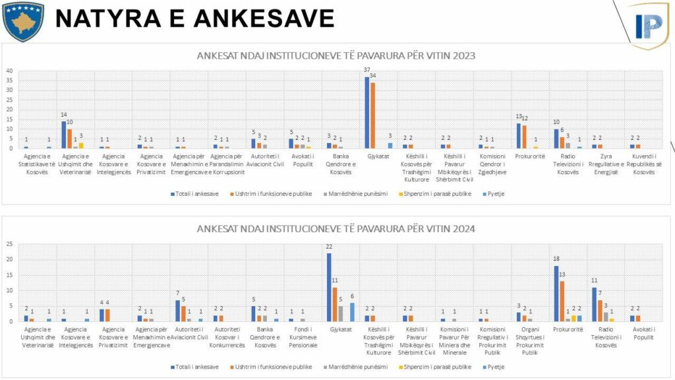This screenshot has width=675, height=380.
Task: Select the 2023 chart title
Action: coord(336,55)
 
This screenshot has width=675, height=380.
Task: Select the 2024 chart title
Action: coord(336,229)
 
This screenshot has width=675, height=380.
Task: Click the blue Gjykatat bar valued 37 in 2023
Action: coord(367,112)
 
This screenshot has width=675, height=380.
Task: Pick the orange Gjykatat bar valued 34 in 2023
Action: coord(374,115)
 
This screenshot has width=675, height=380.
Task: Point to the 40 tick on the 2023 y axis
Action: coord(10,71)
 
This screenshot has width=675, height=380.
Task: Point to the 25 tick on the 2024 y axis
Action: coord(10,244)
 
